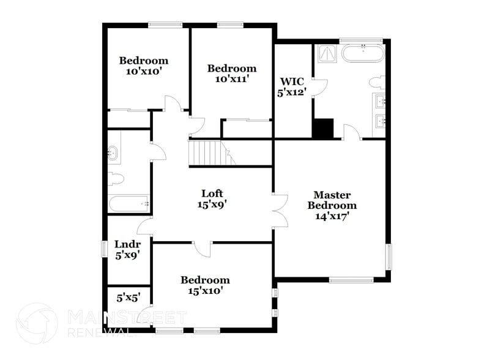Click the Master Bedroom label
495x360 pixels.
332,206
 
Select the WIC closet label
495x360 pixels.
292,87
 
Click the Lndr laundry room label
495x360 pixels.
128,250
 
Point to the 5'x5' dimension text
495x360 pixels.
128,298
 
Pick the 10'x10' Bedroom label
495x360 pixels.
144,66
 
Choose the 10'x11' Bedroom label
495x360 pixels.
232,73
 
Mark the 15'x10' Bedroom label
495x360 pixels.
205,285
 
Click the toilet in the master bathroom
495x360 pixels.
378,83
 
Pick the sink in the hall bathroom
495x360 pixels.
113,153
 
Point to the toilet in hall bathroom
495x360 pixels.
115,179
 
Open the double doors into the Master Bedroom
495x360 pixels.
279,211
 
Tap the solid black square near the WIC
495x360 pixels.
323,129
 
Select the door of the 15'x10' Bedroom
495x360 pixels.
203,247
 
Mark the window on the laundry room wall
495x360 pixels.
103,250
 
